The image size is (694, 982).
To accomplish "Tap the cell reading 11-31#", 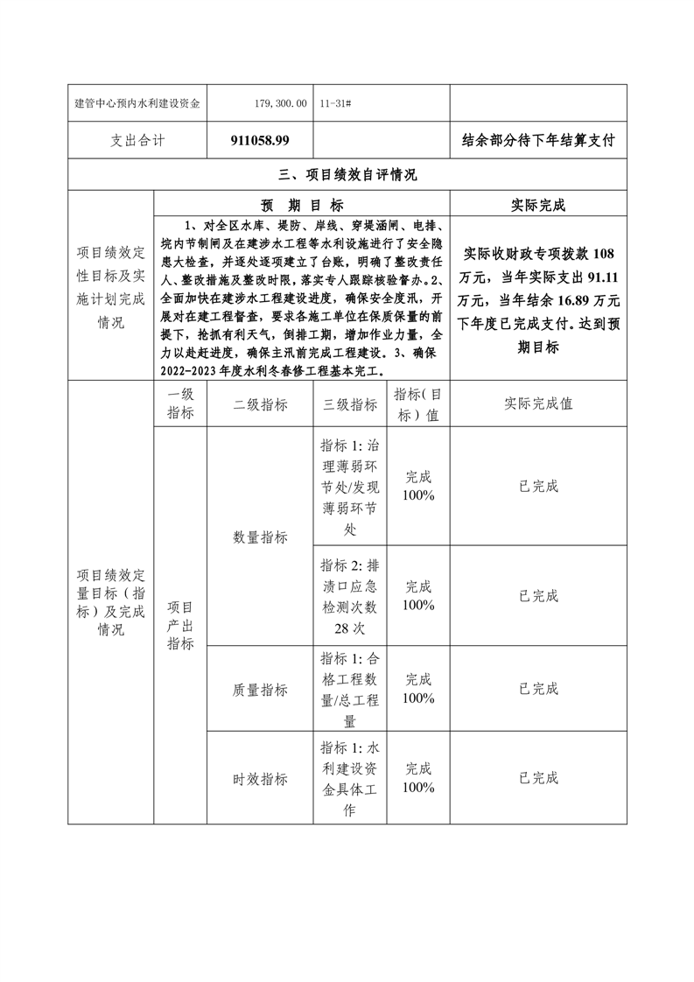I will pyautogui.click(x=337, y=103).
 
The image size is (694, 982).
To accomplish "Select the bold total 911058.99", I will pyautogui.click(x=261, y=140).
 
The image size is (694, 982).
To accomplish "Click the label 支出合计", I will pyautogui.click(x=138, y=140).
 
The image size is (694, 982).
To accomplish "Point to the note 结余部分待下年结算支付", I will pyautogui.click(x=538, y=140).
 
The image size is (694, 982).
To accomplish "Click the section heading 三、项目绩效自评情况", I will pyautogui.click(x=347, y=175).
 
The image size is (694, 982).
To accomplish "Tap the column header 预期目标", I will pyautogui.click(x=302, y=206).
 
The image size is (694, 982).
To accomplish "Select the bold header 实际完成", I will pyautogui.click(x=538, y=206).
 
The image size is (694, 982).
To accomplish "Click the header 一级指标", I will pyautogui.click(x=180, y=404).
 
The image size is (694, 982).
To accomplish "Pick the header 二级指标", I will pyautogui.click(x=260, y=404).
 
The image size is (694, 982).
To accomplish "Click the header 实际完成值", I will pyautogui.click(x=538, y=404).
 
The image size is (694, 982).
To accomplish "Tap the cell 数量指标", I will pyautogui.click(x=260, y=537).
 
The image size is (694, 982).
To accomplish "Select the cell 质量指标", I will pyautogui.click(x=260, y=690).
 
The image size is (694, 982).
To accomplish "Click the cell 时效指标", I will pyautogui.click(x=260, y=779).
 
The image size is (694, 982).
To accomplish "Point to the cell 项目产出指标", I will pyautogui.click(x=180, y=626).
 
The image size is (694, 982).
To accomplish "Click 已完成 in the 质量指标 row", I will pyautogui.click(x=538, y=689).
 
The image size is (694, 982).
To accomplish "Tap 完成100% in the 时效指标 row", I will pyautogui.click(x=418, y=778).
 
